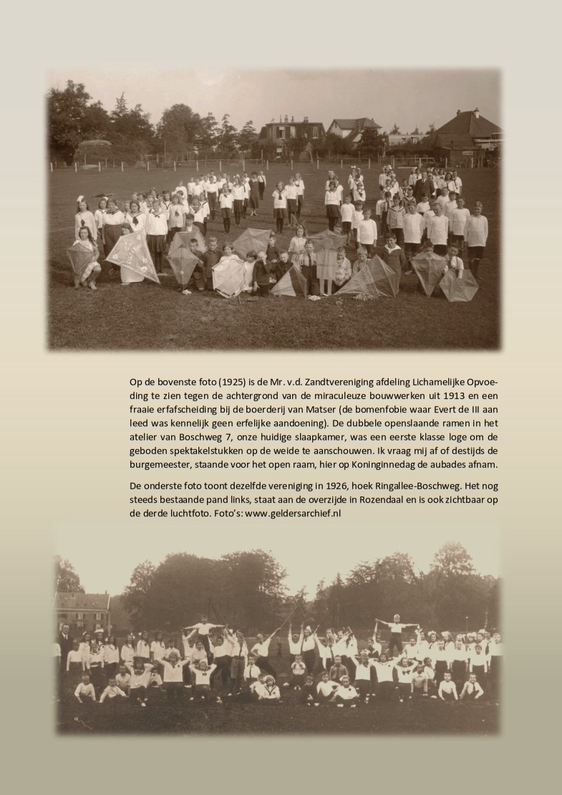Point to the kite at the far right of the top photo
(x=459, y=284)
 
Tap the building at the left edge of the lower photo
(x=81, y=609)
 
